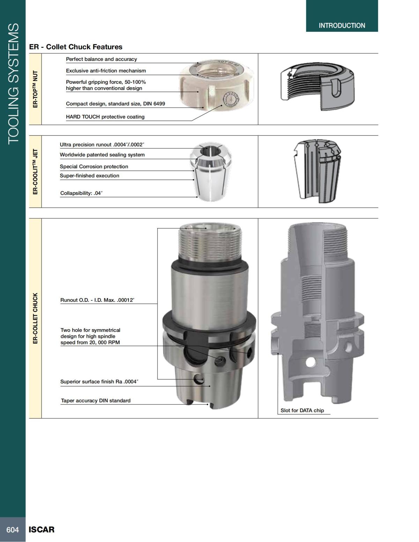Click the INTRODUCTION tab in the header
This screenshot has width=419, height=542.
(342, 25)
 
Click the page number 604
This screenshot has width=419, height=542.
(13, 529)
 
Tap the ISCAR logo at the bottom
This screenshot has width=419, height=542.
(42, 529)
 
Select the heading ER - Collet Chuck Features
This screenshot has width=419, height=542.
(76, 47)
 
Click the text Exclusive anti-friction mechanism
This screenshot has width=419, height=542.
(106, 70)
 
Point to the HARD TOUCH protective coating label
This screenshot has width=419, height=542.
(105, 117)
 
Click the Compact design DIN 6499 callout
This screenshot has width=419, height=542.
(115, 104)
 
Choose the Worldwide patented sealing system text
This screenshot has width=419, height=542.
(102, 155)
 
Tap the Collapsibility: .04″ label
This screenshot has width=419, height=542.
(81, 193)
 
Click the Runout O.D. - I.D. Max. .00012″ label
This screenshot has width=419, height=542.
(97, 300)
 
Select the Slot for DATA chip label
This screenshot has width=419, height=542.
(302, 410)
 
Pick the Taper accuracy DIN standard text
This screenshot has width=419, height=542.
(95, 400)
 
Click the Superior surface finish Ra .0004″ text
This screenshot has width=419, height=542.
(99, 381)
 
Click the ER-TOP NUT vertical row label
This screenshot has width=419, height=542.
(35, 89)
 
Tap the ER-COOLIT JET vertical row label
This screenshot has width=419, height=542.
(35, 172)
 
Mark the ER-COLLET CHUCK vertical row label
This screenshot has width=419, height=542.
(35, 318)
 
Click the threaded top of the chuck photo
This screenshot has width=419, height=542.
(209, 241)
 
